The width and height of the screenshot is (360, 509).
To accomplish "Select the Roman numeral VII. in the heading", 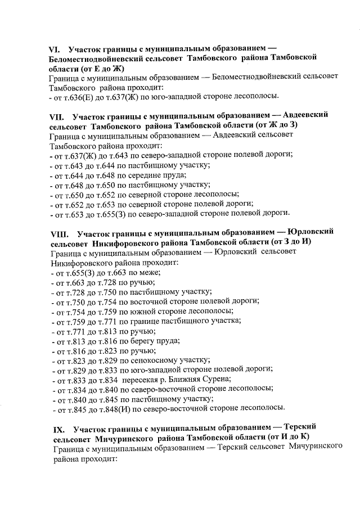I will tap(57, 116).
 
